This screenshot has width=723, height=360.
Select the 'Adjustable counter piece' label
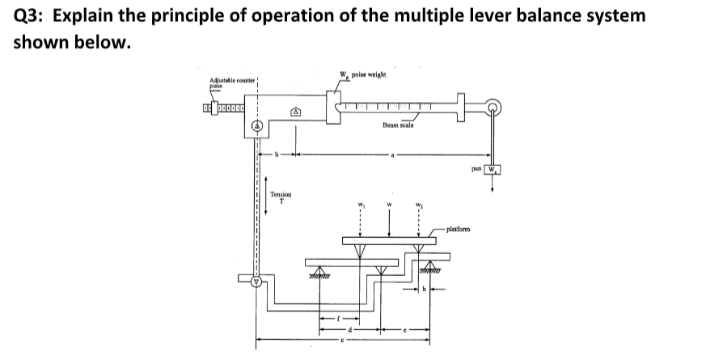coord(232,83)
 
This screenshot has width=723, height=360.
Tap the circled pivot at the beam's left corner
coord(258,126)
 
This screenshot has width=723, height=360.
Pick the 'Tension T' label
coord(280,197)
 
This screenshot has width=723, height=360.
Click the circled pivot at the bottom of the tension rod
coord(257,282)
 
